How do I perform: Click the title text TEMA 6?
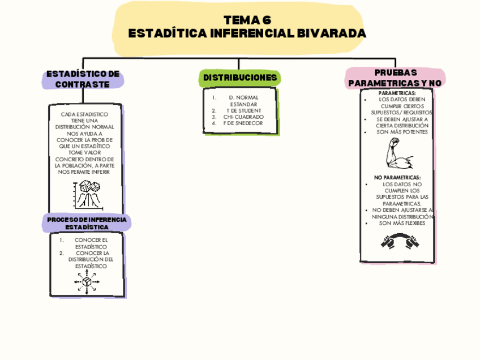click(247, 20)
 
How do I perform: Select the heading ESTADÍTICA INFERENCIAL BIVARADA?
click(247, 33)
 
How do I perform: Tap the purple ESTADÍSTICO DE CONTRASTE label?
click(83, 79)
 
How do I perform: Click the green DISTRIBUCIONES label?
click(240, 78)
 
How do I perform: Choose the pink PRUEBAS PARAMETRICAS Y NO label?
click(395, 78)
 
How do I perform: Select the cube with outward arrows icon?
click(87, 282)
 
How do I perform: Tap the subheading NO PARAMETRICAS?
click(397, 177)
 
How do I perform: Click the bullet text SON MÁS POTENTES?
click(402, 132)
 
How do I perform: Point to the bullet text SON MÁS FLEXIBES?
click(402, 223)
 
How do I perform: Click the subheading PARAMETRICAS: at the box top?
click(397, 93)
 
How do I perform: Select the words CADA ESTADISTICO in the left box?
click(84, 114)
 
